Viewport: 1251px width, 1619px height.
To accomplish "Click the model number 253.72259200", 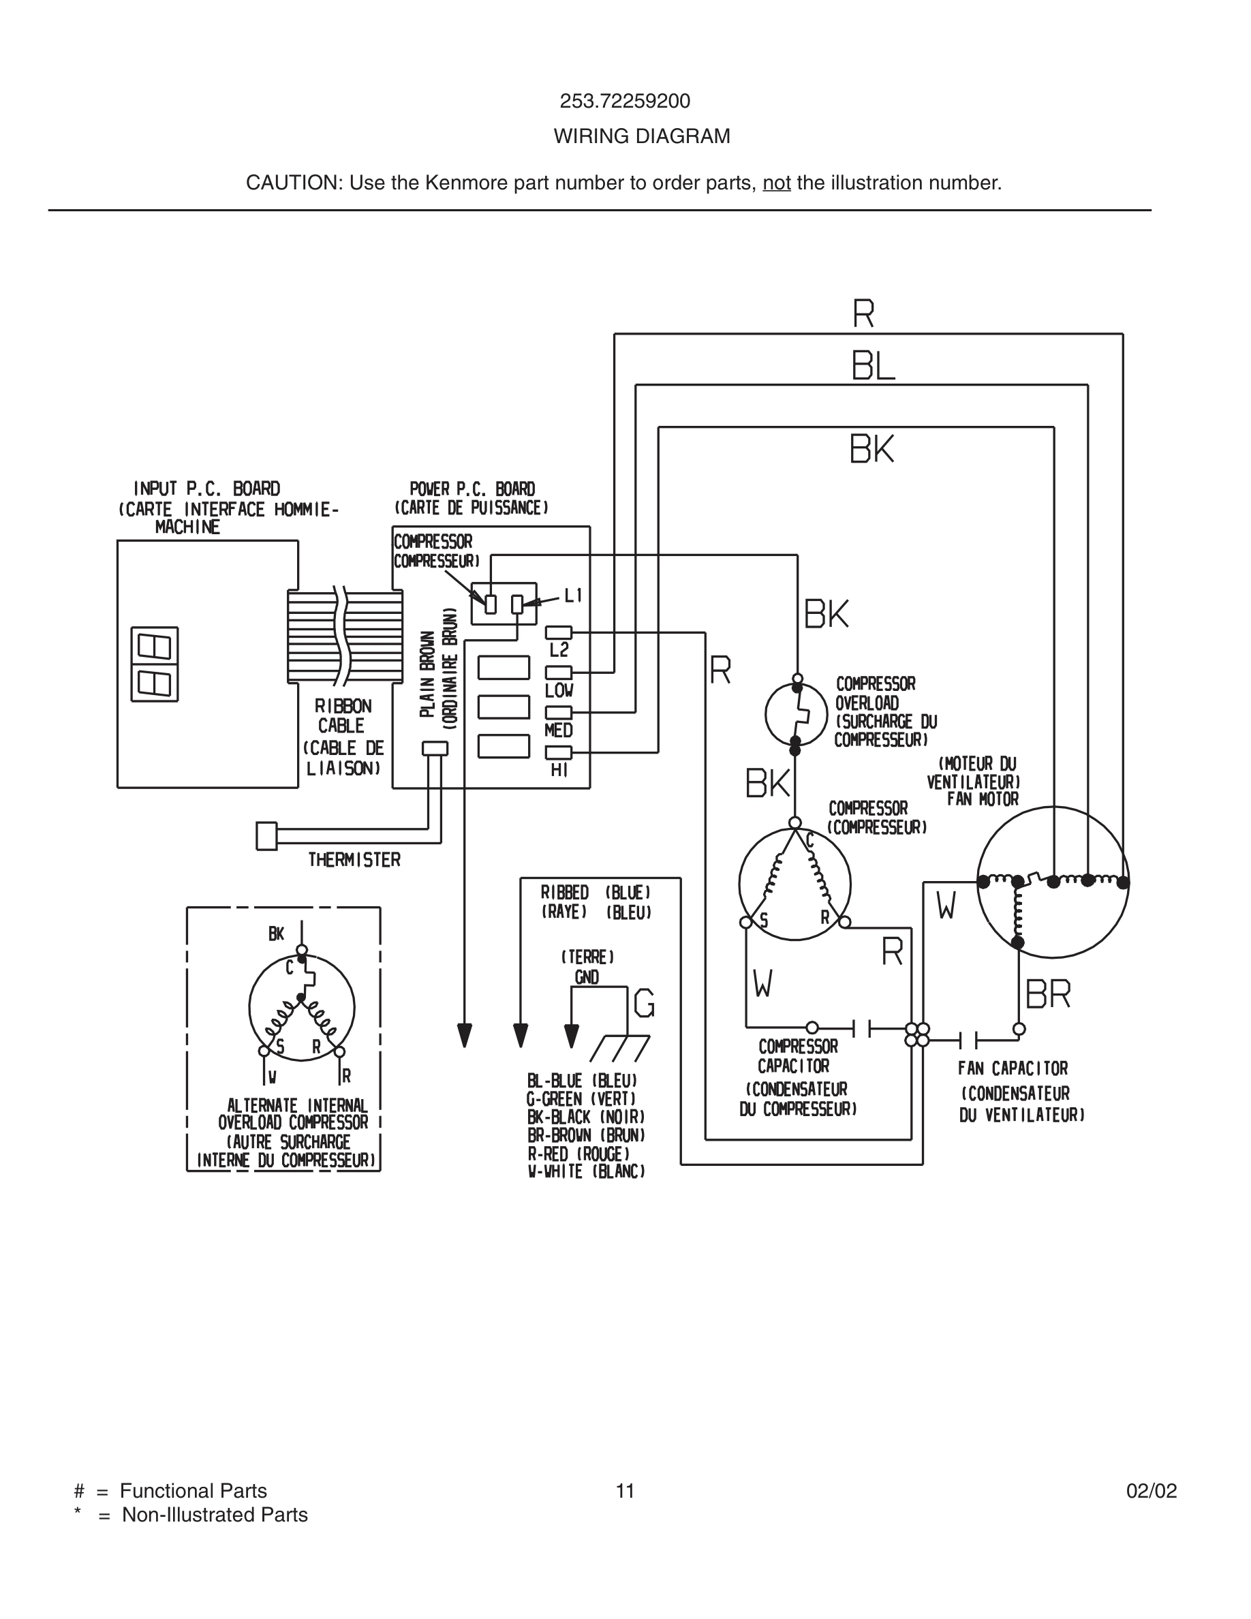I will point(624,102).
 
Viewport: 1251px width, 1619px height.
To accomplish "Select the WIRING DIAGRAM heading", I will point(641,136).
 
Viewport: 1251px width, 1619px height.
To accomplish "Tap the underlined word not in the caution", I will point(776,183).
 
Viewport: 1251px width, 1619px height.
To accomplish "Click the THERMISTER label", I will point(354,860).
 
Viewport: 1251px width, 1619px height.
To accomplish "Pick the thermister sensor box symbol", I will point(266,836).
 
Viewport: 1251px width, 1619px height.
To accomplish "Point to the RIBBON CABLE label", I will point(343,716).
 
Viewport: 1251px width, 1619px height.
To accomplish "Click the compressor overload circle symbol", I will point(796,715).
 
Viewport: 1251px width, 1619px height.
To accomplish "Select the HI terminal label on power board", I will point(559,770).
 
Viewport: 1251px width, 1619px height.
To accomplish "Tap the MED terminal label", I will point(558,730).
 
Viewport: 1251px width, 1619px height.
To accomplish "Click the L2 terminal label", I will point(558,650).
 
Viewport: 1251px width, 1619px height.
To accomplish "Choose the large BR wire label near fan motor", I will point(1047,995).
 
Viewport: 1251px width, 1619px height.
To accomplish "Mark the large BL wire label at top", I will point(872,366).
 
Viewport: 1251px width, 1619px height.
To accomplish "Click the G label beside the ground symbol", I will point(644,1004).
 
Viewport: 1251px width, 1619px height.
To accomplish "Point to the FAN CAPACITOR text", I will point(1013,1069).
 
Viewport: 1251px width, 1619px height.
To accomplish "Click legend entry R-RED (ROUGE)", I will point(578,1154).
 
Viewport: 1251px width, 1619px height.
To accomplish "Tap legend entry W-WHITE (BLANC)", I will point(585,1172).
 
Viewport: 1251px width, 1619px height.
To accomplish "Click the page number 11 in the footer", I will point(625,1491).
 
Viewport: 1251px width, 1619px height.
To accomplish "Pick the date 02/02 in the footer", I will point(1151,1491).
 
